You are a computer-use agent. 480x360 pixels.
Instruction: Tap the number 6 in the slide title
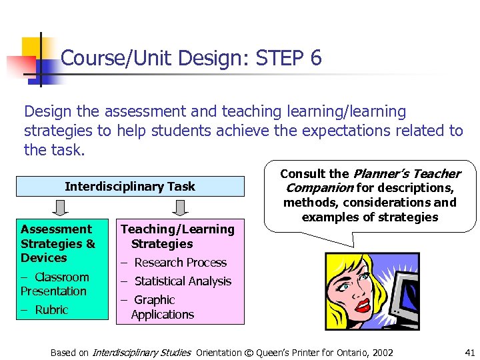click(315, 59)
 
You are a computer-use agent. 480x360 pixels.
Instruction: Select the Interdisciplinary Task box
click(129, 187)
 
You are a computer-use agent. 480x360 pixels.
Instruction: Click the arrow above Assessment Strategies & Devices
click(59, 209)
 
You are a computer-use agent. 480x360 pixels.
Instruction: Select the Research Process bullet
click(180, 263)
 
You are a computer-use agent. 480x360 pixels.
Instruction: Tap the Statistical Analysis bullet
click(182, 281)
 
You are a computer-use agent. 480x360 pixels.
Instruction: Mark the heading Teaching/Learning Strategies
click(177, 236)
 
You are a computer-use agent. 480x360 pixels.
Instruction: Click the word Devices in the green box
click(44, 258)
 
